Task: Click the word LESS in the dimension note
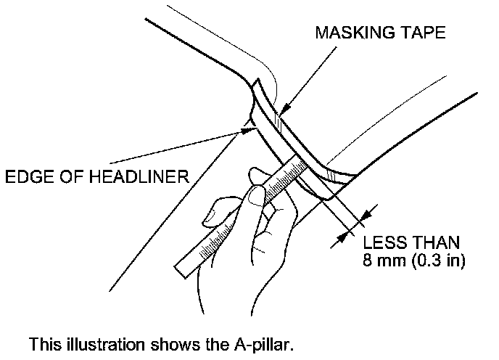382,242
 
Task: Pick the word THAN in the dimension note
432,242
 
